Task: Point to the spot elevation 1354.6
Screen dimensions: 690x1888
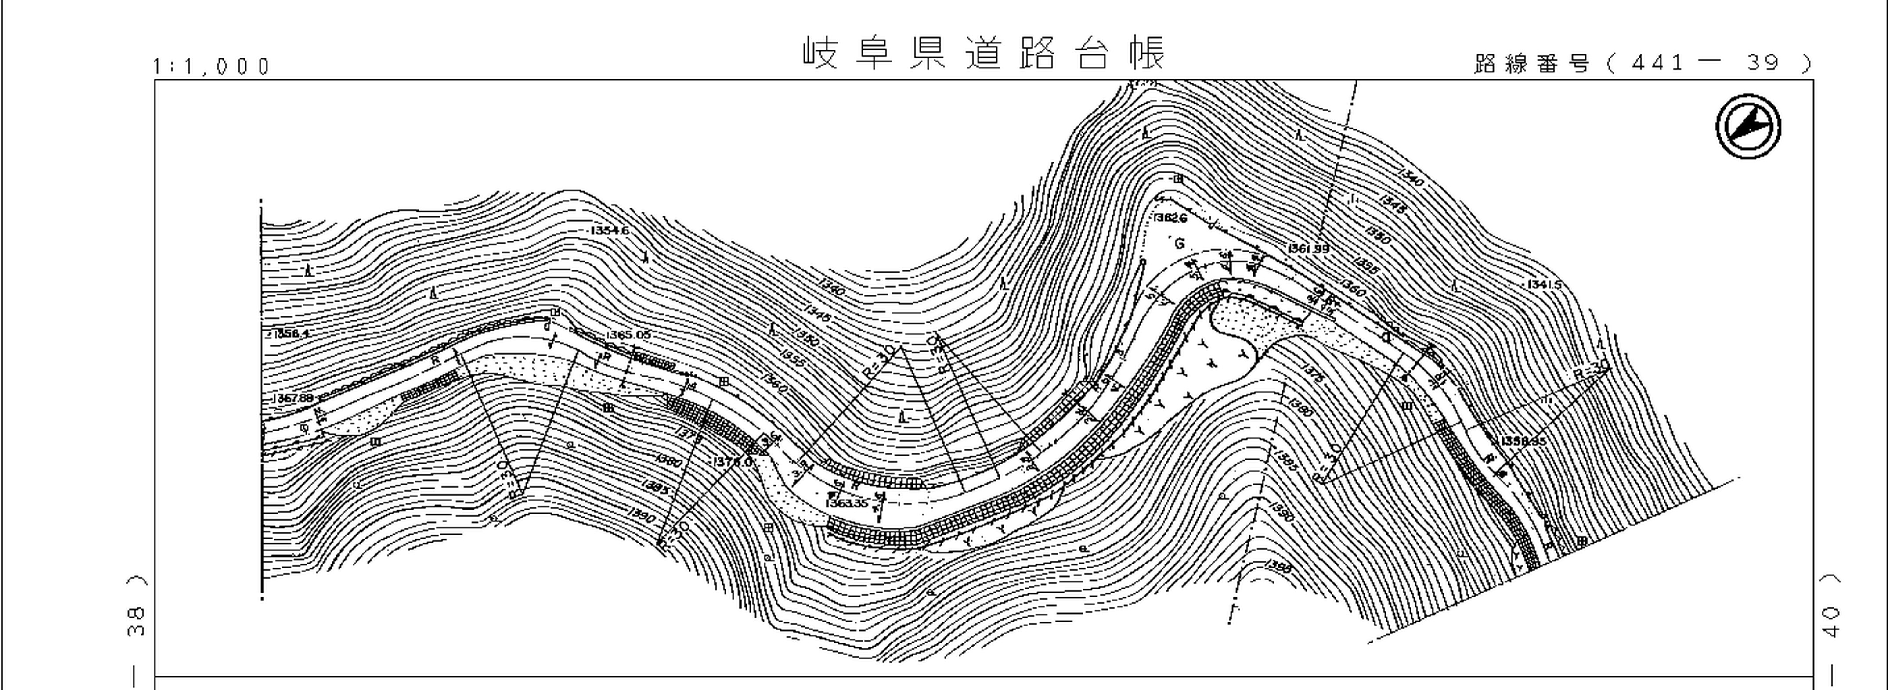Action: pos(609,231)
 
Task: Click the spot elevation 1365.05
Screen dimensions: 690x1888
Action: pos(628,335)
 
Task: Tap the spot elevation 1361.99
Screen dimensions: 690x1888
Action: pos(1308,248)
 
